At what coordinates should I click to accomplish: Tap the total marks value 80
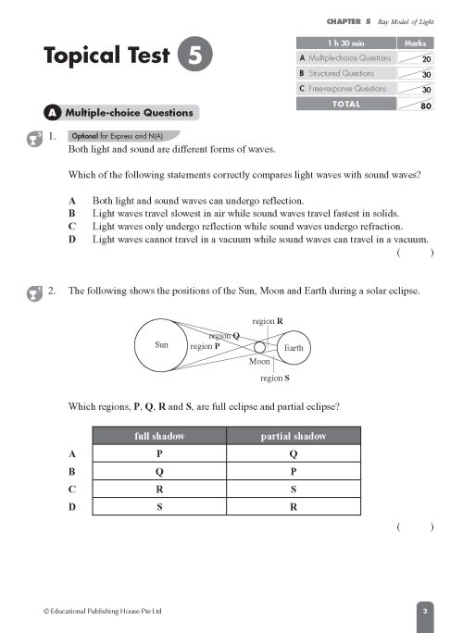(x=426, y=105)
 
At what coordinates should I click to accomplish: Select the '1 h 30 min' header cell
(x=344, y=43)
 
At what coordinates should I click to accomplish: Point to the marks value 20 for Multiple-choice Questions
(x=426, y=58)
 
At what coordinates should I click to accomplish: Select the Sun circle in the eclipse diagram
(x=162, y=344)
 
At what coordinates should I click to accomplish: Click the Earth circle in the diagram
(x=293, y=349)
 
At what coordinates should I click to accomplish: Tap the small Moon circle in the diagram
(x=260, y=348)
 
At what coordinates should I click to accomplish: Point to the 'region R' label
(x=267, y=320)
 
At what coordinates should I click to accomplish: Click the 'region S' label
(x=274, y=378)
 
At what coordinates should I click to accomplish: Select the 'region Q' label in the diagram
(x=225, y=336)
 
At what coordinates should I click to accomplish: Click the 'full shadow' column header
(x=161, y=436)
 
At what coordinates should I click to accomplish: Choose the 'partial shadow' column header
(x=294, y=436)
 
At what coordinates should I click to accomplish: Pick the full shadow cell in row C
(x=161, y=489)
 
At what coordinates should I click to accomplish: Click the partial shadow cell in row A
(x=294, y=453)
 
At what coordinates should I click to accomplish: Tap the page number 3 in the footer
(x=423, y=612)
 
